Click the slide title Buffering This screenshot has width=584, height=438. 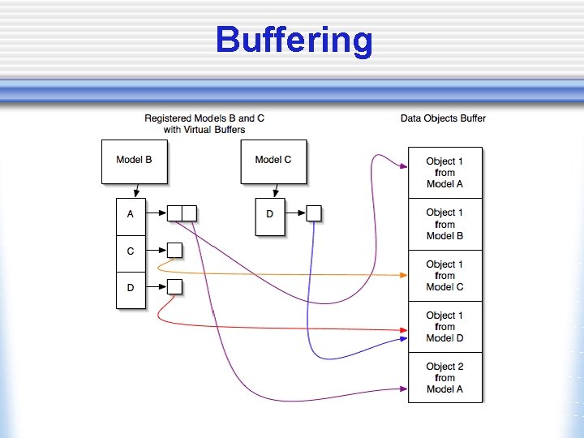click(x=294, y=40)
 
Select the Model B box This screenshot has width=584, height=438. click(x=134, y=160)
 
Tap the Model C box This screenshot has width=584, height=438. click(x=273, y=160)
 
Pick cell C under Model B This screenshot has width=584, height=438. click(x=131, y=252)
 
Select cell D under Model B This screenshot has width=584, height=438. click(x=131, y=288)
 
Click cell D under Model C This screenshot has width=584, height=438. click(x=269, y=215)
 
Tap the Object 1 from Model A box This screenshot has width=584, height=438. click(x=444, y=173)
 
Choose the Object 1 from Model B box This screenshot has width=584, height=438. click(x=444, y=224)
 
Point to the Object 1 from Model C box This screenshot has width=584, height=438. click(x=444, y=276)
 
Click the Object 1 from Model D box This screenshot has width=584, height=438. click(x=444, y=327)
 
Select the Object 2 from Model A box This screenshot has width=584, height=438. click(x=444, y=378)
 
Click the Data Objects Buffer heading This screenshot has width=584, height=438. click(x=443, y=118)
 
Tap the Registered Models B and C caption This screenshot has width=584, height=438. click(x=204, y=123)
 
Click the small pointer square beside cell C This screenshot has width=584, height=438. click(x=174, y=251)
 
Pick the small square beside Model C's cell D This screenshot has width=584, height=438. click(x=314, y=214)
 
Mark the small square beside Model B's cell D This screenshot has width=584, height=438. click(x=174, y=286)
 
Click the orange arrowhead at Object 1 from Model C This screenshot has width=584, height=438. click(x=403, y=276)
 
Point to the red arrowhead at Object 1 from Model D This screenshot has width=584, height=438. click(x=403, y=330)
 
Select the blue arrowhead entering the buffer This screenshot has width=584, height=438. click(x=403, y=340)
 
